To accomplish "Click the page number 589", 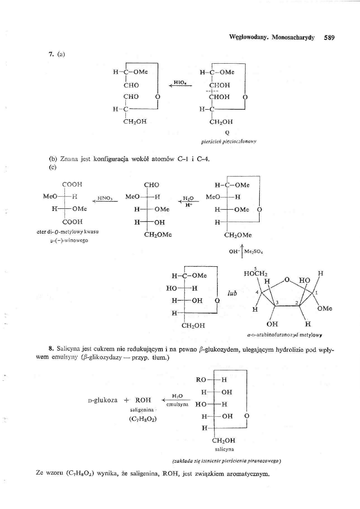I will (329, 38).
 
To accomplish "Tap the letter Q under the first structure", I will (227, 130).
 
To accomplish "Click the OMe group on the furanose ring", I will (324, 310).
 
